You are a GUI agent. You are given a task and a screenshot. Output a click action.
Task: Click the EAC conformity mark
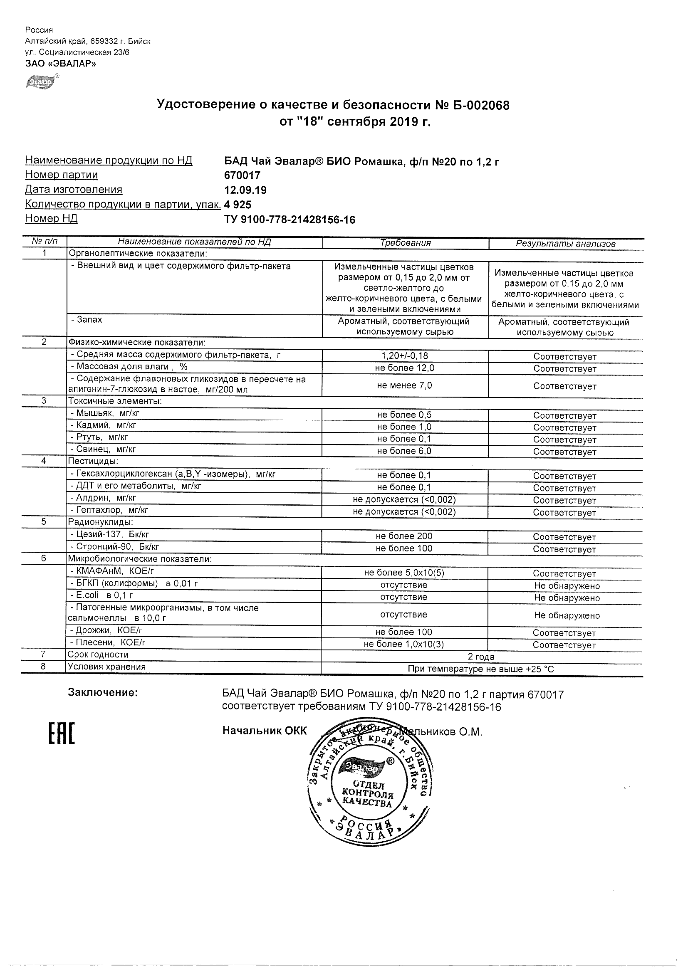[x=62, y=733]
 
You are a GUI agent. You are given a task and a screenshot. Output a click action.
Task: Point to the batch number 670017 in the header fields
[x=242, y=175]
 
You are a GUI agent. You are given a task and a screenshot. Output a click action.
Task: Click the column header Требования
[x=405, y=243]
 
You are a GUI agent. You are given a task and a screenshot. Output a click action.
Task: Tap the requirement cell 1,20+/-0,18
[x=405, y=356]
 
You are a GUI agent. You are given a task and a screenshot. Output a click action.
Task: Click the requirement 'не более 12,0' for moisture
[x=405, y=368]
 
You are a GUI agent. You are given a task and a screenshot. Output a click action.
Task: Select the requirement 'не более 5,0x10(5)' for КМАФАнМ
[x=404, y=573]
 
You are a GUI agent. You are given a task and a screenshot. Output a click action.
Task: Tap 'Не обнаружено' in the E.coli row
[x=567, y=598]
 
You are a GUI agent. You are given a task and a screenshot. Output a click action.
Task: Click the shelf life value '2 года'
[x=481, y=657]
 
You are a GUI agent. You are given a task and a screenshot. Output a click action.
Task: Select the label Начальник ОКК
[x=264, y=731]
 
